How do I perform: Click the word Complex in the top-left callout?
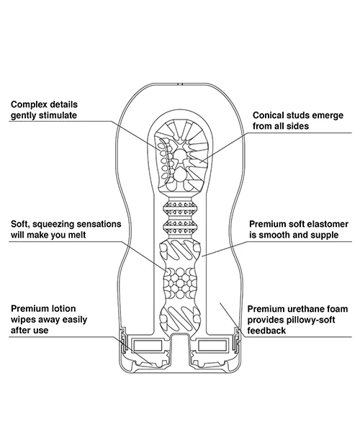[28, 104]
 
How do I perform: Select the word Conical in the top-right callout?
[268, 115]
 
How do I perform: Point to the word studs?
[298, 115]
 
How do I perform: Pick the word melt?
[76, 235]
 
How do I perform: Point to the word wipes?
[23, 320]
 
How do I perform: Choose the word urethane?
[306, 309]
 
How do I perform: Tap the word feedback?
[266, 331]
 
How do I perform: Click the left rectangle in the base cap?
[148, 345]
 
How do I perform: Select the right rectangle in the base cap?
[212, 346]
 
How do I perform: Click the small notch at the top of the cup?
[180, 84]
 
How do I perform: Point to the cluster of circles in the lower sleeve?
[180, 283]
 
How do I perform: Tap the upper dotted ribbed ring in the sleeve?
[180, 209]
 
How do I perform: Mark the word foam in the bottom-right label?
[338, 309]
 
